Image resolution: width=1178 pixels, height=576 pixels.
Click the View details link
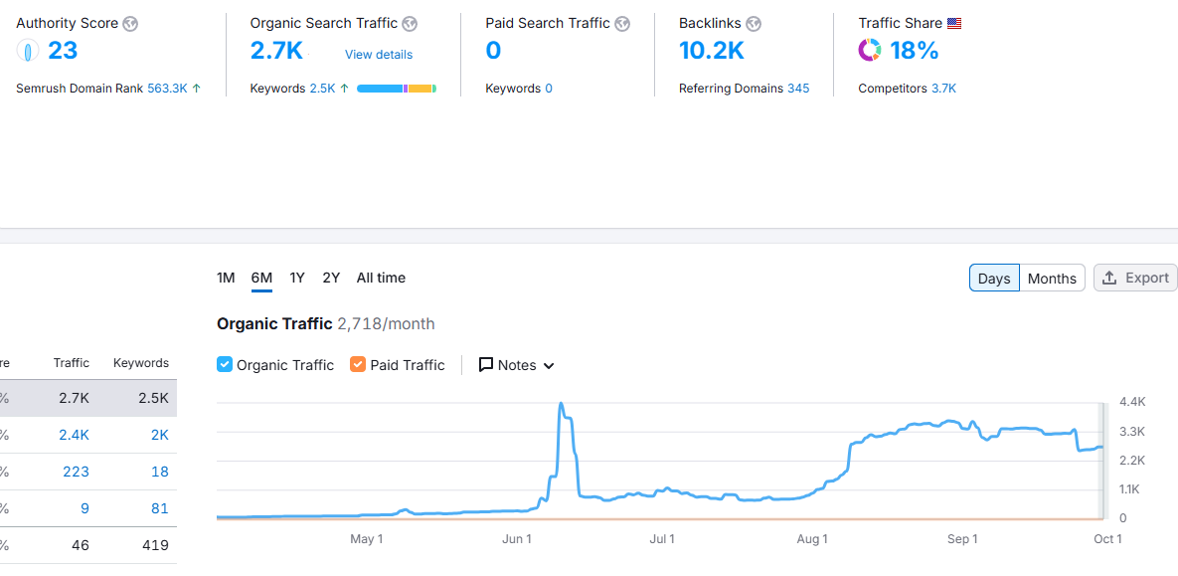click(379, 55)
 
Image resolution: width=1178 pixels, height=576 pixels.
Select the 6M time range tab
click(261, 278)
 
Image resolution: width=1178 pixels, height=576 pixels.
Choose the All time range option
click(381, 278)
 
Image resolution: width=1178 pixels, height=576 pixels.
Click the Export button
click(1135, 278)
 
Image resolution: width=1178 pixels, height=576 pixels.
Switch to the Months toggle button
click(1052, 279)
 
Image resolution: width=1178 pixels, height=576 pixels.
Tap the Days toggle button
click(993, 279)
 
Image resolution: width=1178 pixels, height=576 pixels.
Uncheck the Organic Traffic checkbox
click(225, 365)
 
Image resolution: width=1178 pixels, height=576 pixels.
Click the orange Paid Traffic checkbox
click(358, 365)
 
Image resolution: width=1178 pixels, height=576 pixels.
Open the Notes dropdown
click(516, 365)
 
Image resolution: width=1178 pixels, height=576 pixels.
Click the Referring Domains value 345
click(798, 89)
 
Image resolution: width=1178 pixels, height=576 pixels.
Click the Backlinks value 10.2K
click(711, 51)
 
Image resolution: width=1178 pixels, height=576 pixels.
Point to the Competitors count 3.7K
click(943, 89)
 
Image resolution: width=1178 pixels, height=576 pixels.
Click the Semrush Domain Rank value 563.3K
click(167, 89)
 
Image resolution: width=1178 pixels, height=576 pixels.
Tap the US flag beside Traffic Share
click(954, 24)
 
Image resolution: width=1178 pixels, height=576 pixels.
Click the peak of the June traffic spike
click(562, 404)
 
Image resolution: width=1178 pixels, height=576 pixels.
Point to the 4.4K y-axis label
click(1132, 402)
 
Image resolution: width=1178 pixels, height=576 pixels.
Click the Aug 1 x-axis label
click(812, 539)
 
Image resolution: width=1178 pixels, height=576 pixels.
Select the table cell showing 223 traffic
click(76, 472)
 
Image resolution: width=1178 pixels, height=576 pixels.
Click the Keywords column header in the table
click(140, 363)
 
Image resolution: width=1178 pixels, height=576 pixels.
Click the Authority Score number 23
click(63, 51)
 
